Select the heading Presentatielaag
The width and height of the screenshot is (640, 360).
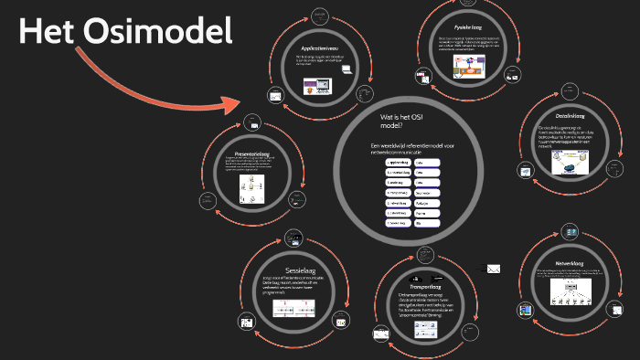253,152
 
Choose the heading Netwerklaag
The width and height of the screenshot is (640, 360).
570,259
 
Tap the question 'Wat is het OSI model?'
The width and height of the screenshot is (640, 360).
403,122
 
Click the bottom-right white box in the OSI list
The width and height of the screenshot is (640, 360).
427,223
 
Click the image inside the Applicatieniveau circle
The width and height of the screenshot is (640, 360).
315,89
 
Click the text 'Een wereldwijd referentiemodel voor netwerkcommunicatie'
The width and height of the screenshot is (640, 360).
412,148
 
